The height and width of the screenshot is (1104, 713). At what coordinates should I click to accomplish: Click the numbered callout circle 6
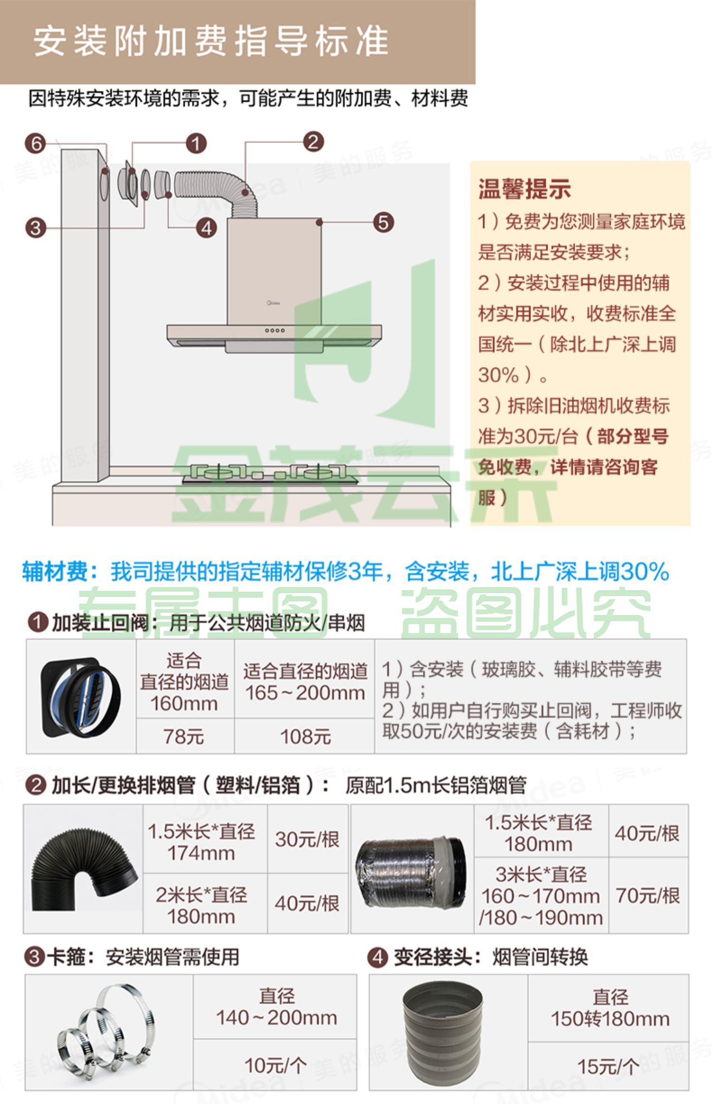tap(36, 144)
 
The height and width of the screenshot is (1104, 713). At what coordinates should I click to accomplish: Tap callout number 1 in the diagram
tap(196, 143)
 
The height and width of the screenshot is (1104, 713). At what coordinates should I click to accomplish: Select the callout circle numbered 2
tap(313, 142)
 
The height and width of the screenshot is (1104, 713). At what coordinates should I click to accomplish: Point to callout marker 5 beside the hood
tap(383, 222)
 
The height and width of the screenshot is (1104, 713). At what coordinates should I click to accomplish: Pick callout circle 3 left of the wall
tap(36, 228)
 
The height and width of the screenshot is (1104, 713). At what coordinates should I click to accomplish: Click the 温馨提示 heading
tap(524, 189)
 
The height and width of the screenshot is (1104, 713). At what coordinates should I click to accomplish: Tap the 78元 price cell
tap(184, 736)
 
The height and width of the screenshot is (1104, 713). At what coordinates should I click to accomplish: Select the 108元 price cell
tap(305, 736)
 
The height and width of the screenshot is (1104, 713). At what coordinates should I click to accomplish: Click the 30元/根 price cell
tap(307, 839)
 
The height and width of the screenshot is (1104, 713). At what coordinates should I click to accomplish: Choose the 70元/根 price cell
tap(648, 896)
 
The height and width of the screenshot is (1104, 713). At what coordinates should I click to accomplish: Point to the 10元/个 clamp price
tap(275, 1065)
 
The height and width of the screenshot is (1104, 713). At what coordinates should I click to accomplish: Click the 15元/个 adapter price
tap(608, 1066)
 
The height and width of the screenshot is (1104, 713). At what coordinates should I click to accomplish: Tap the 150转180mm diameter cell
tap(610, 1008)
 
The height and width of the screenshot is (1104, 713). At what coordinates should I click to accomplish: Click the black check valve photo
tap(81, 697)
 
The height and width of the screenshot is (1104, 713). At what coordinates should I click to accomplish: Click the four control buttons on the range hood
tap(275, 330)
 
